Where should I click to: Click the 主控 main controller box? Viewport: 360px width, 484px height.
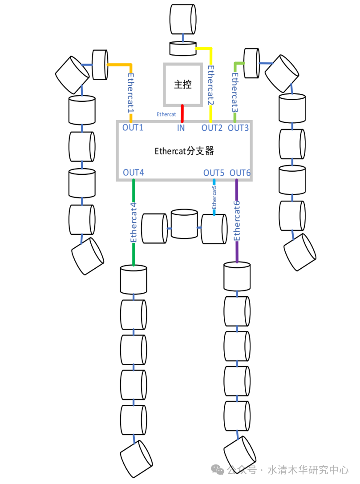182,84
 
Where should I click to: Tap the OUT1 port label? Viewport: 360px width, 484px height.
133,128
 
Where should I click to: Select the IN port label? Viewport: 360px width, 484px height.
181,128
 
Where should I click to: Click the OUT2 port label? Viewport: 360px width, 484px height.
212,128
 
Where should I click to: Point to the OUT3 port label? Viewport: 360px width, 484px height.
239,128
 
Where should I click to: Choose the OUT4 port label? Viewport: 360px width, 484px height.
133,173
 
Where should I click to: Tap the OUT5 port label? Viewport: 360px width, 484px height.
214,173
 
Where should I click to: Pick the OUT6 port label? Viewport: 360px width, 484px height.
241,173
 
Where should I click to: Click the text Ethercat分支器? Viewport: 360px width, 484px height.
184,151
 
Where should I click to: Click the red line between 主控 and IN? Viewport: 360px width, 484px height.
182,113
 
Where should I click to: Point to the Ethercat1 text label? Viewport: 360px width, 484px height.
131,93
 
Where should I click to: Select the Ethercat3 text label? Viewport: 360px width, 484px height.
235,92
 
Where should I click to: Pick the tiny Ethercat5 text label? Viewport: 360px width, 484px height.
214,197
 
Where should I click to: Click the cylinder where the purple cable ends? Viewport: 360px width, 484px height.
236,277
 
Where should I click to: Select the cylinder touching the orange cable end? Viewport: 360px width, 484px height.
100,65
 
